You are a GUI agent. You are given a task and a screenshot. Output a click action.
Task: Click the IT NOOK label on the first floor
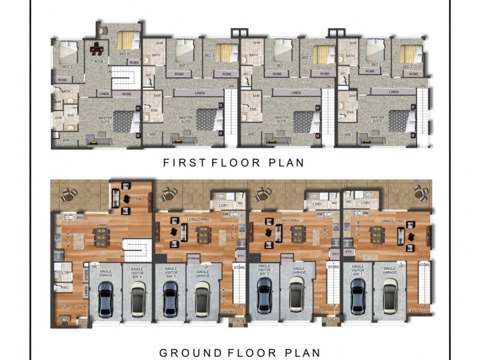coord(97,61)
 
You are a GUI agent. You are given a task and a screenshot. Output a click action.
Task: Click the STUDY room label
coord(64,307)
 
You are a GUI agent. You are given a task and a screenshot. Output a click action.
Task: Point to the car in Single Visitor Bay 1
coord(358,296)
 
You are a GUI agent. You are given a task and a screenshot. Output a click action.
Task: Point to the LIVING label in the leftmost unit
coord(139,199)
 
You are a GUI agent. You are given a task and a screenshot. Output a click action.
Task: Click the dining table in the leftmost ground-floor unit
coord(102,238)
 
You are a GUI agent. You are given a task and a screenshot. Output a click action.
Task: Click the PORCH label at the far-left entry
coord(82,321)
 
